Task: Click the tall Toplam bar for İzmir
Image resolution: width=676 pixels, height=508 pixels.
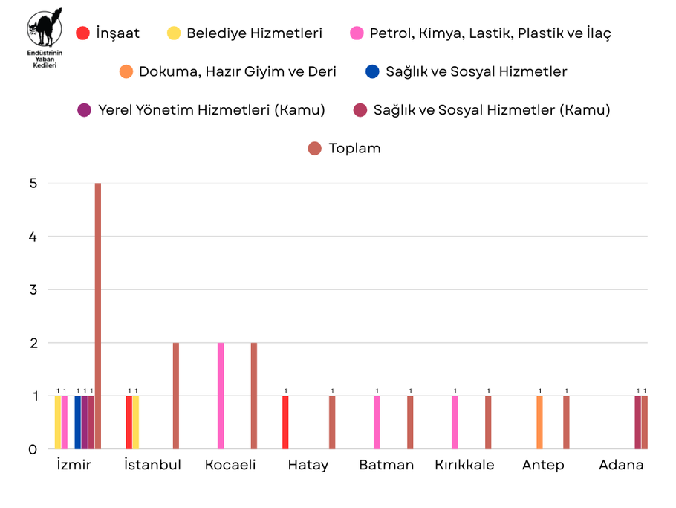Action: tap(98, 316)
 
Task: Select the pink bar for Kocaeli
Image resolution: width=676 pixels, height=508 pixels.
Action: tap(221, 396)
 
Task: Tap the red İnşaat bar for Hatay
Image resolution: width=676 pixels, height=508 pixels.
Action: tap(285, 422)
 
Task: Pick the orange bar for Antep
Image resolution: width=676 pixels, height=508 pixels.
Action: tap(539, 422)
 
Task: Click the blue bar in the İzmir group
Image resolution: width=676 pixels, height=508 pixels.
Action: tap(78, 422)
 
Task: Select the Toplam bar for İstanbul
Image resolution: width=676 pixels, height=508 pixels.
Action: tap(176, 396)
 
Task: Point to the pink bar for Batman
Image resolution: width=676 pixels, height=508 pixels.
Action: tap(377, 422)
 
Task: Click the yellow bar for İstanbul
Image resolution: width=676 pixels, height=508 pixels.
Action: tap(136, 422)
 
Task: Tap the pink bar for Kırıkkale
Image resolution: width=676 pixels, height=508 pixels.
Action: tap(455, 422)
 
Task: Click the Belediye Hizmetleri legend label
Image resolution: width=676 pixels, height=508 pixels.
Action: tap(254, 33)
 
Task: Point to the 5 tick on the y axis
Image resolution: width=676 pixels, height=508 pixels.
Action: tap(33, 183)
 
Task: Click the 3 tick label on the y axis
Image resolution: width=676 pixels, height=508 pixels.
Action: tap(33, 289)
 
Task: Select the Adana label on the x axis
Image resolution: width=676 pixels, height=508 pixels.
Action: tap(621, 465)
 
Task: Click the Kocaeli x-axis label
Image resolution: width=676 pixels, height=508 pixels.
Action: tap(230, 465)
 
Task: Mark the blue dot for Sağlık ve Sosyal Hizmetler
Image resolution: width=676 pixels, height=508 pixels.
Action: tap(372, 72)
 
